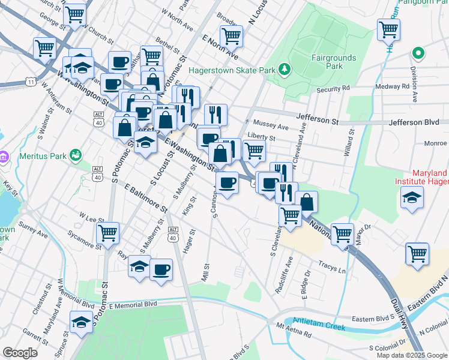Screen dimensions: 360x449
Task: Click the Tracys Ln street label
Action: (333, 270)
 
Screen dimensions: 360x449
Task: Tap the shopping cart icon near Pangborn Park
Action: (388, 29)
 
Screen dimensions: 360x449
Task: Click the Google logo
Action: (20, 353)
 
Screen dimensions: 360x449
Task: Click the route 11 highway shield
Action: (30, 80)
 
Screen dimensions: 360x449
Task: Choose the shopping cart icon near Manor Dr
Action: (342, 234)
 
